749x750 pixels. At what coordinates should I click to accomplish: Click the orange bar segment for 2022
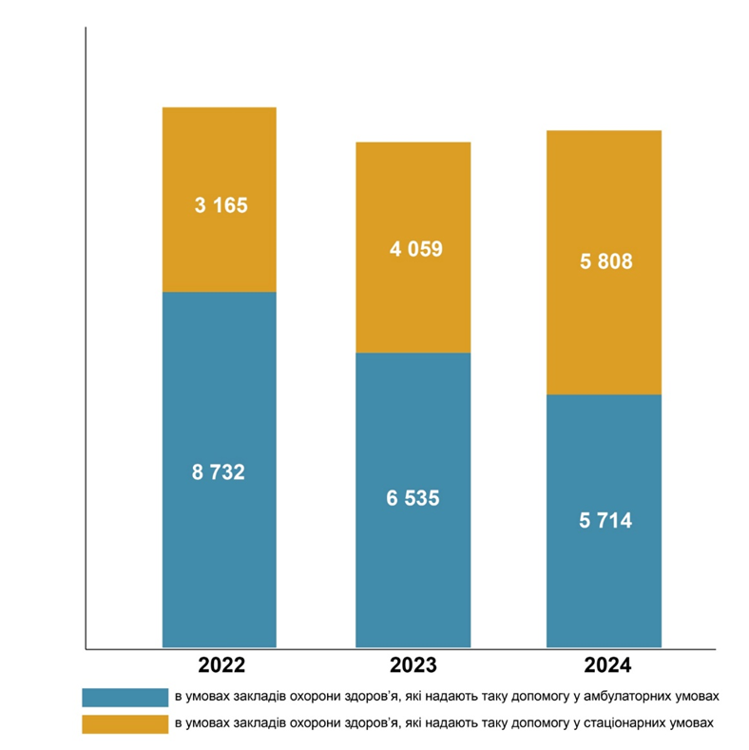click(220, 200)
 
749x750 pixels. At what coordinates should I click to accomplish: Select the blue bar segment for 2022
click(220, 470)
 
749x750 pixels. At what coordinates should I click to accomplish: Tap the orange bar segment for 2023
click(413, 247)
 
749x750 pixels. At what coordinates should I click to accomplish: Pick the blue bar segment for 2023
click(413, 500)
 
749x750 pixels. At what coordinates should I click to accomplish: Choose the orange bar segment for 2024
click(605, 262)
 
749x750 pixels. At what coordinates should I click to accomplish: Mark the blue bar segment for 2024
click(605, 521)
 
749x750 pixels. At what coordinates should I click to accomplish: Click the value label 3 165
click(221, 205)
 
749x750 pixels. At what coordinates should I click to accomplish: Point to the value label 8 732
click(219, 472)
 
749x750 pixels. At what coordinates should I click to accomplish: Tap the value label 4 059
click(416, 249)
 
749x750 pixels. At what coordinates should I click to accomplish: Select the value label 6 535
click(413, 498)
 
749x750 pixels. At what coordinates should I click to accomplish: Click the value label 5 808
click(606, 261)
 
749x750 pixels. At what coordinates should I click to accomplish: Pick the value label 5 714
click(605, 520)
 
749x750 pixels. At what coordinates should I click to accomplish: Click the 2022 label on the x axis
click(221, 664)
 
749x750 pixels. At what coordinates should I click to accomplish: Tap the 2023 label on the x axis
click(413, 664)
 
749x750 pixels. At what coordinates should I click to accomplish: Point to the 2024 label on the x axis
click(607, 664)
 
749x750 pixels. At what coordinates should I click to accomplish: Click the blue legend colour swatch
click(125, 698)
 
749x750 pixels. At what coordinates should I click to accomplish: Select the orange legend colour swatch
click(125, 724)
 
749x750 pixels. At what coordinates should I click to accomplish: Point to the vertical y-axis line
click(86, 338)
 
